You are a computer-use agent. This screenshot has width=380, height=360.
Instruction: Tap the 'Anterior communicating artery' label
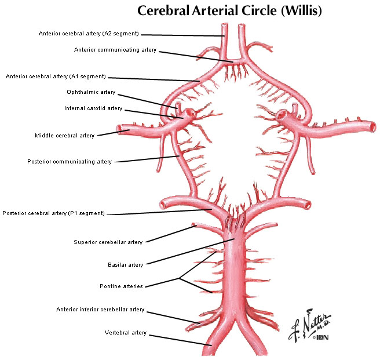(115, 50)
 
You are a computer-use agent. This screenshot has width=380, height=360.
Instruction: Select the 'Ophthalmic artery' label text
(92, 92)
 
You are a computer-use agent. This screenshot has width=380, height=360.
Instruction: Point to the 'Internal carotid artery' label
(93, 108)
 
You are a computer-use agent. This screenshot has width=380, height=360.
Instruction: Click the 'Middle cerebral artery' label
(64, 136)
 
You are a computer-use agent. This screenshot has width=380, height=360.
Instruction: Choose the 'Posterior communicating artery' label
(70, 162)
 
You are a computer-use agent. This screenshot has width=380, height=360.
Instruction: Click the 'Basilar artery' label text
(125, 265)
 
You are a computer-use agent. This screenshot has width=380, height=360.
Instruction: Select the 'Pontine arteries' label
(121, 286)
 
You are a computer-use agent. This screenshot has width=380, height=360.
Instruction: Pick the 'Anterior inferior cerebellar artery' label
(100, 310)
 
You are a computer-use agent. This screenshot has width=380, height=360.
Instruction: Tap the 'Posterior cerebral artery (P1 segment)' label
(53, 213)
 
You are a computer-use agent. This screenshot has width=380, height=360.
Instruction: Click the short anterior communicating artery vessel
(233, 61)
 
